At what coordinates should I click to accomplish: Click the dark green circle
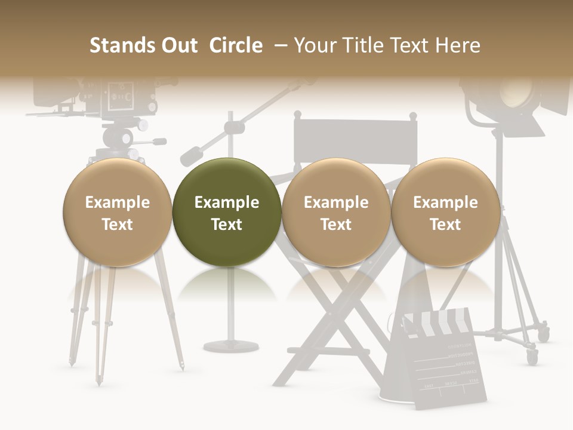click(226, 212)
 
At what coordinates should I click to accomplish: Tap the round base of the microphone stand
click(232, 346)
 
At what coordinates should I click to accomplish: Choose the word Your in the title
click(315, 46)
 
